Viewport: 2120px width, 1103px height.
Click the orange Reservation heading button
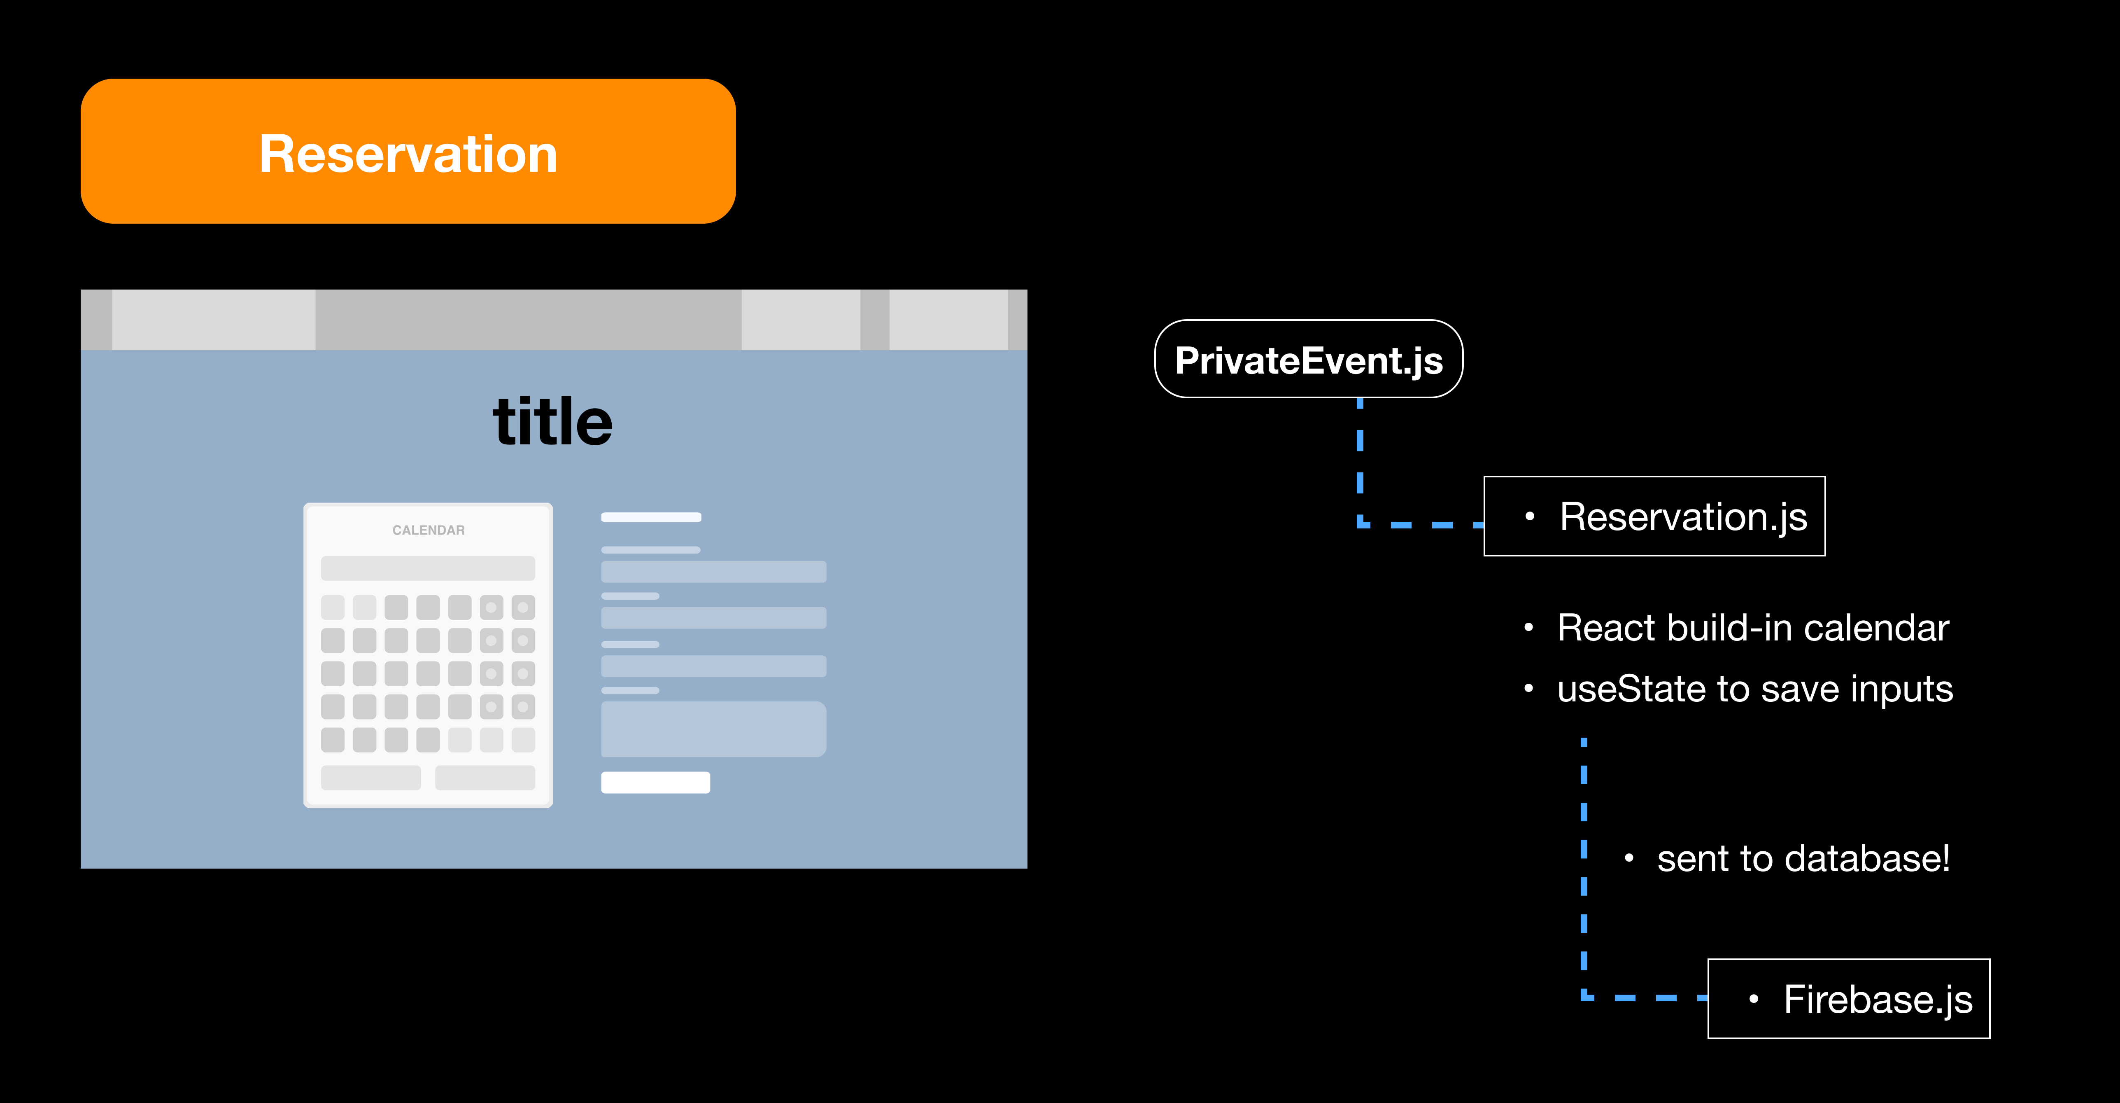point(408,152)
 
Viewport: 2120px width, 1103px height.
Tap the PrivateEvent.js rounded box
point(1309,360)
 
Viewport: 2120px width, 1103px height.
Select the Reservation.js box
point(1654,516)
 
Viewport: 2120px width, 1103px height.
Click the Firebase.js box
point(1848,998)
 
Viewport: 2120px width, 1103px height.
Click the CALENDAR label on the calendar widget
point(428,530)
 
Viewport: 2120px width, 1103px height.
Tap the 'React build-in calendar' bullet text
point(1753,628)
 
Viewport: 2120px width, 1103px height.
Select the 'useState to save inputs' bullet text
point(1754,689)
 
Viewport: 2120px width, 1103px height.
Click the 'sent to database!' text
point(1802,858)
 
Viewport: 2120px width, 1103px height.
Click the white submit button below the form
point(655,782)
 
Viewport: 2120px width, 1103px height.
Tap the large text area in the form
point(713,729)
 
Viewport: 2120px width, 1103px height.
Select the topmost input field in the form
point(713,571)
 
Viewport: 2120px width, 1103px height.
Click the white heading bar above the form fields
point(651,517)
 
